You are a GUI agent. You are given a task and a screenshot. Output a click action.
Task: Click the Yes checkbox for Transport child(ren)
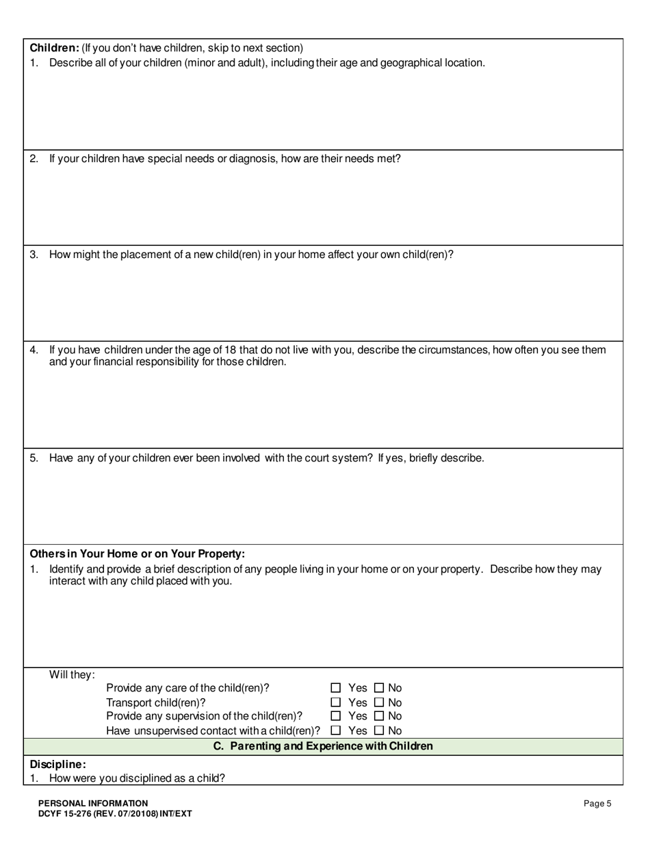click(x=336, y=702)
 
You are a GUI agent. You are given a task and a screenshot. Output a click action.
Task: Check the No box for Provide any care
click(x=380, y=688)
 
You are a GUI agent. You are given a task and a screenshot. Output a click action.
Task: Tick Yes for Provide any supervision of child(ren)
click(x=336, y=716)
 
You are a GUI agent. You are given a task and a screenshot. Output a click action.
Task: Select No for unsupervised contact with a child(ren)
click(x=380, y=730)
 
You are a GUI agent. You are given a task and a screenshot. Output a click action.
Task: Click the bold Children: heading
click(x=55, y=48)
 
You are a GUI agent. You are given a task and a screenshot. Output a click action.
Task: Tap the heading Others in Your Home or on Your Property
click(x=137, y=554)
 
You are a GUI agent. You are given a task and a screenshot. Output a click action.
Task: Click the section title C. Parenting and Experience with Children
click(x=323, y=746)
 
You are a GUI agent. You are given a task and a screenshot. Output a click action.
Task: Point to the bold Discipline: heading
click(x=58, y=764)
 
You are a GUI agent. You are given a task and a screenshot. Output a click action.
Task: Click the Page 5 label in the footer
click(x=597, y=804)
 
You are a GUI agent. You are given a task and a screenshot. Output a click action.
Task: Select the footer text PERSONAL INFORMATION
click(x=93, y=803)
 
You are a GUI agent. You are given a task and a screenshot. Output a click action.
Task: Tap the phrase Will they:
click(x=72, y=675)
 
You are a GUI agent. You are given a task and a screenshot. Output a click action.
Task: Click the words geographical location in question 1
click(x=432, y=63)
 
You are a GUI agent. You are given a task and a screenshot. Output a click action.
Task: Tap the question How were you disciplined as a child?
click(x=137, y=778)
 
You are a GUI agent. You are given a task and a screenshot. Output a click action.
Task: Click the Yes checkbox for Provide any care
click(x=336, y=688)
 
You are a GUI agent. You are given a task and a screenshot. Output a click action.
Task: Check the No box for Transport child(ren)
click(x=380, y=702)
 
